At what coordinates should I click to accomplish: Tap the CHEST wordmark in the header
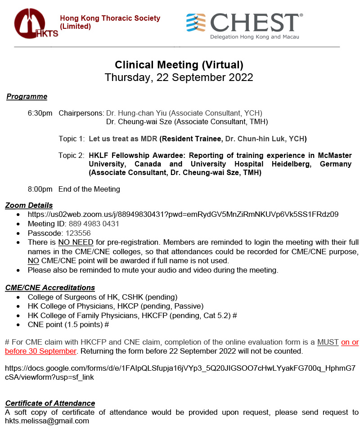[x=254, y=22]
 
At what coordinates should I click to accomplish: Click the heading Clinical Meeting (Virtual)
[x=179, y=64]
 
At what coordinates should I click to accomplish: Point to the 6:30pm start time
[x=40, y=112]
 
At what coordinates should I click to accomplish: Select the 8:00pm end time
[x=40, y=189]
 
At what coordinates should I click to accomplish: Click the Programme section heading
[x=27, y=96]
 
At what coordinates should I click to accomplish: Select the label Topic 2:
[x=71, y=155]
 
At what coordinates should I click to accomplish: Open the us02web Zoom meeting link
[x=183, y=214]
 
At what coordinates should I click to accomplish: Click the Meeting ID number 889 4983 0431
[x=94, y=224]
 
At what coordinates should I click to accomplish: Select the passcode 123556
[x=78, y=233]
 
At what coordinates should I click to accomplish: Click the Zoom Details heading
[x=29, y=205]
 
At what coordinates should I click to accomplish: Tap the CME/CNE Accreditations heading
[x=50, y=287]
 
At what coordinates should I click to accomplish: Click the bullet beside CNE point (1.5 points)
[x=18, y=324]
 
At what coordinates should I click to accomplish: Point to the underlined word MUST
[x=328, y=342]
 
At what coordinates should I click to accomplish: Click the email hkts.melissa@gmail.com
[x=47, y=421]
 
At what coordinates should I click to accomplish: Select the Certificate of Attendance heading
[x=50, y=403]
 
